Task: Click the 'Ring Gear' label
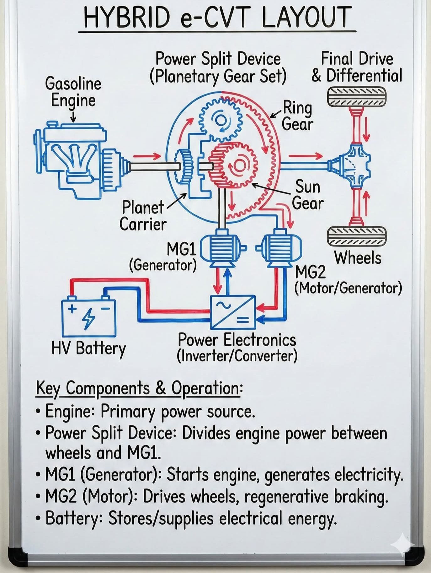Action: coord(297,116)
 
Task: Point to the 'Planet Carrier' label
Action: coord(143,216)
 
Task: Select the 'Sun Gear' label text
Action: coord(307,195)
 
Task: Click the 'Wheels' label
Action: coord(358,258)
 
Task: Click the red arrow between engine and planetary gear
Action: coord(147,156)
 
